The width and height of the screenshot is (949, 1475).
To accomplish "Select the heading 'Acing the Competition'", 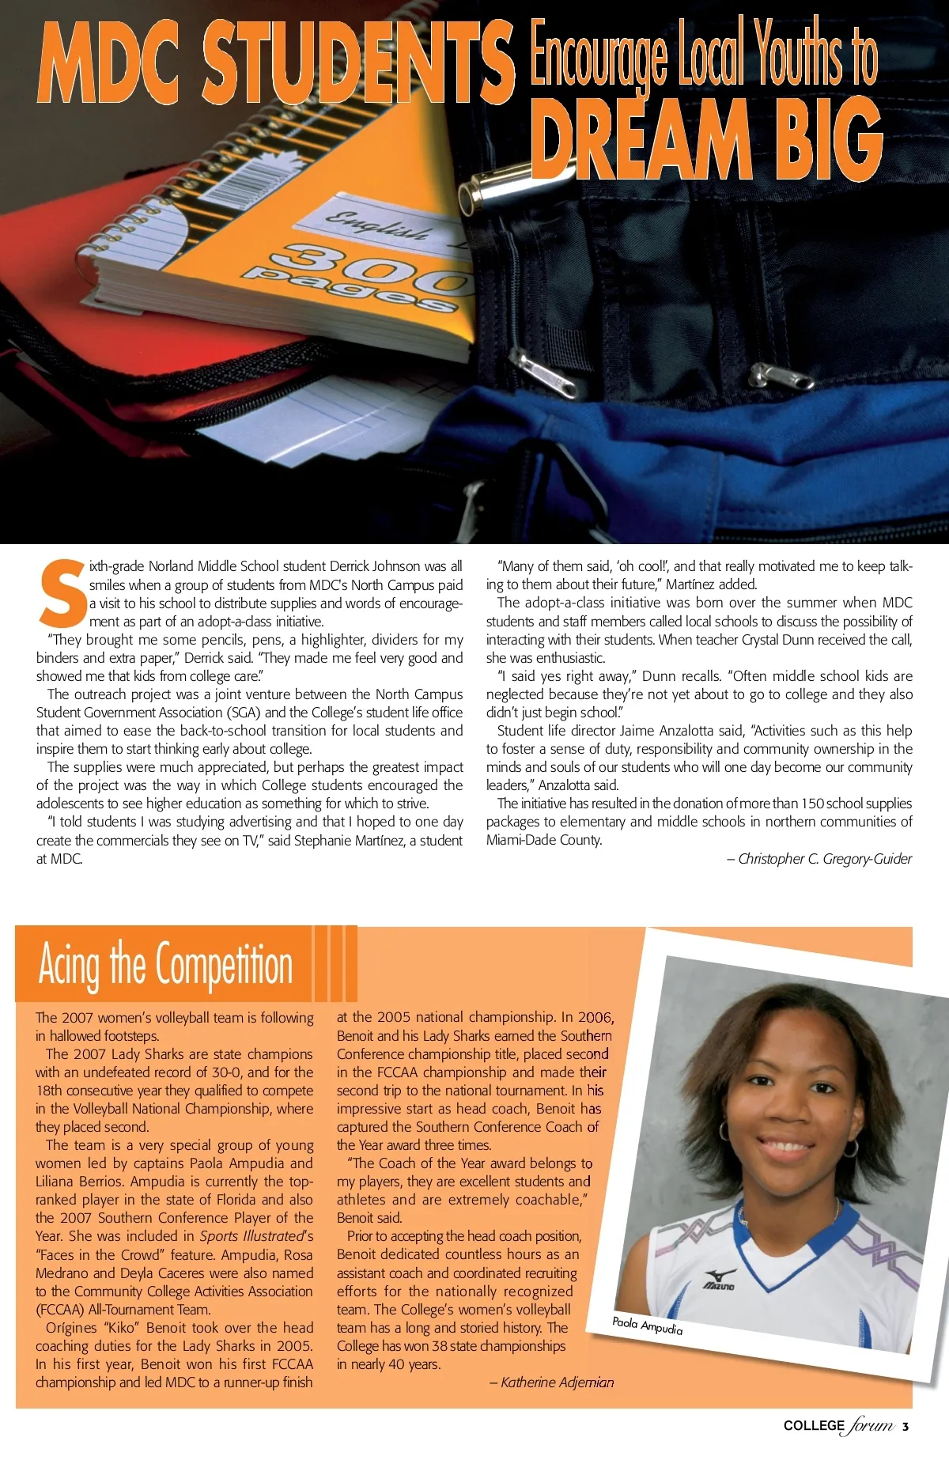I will tap(165, 965).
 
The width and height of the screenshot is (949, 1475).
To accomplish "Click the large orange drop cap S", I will tap(61, 593).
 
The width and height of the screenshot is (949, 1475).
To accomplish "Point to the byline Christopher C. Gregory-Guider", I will tap(824, 859).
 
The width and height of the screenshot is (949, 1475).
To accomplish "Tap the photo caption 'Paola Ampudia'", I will tap(647, 1326).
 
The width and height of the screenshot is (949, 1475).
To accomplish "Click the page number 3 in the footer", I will tap(906, 1426).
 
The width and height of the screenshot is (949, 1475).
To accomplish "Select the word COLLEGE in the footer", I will tap(814, 1425).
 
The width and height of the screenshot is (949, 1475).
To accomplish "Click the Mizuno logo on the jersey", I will tap(720, 1278).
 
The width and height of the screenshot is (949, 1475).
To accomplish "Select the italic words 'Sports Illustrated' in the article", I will tap(251, 1236).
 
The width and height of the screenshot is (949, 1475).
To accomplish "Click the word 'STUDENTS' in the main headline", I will tap(357, 63).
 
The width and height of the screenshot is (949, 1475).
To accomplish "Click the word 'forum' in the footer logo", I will tap(872, 1425).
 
